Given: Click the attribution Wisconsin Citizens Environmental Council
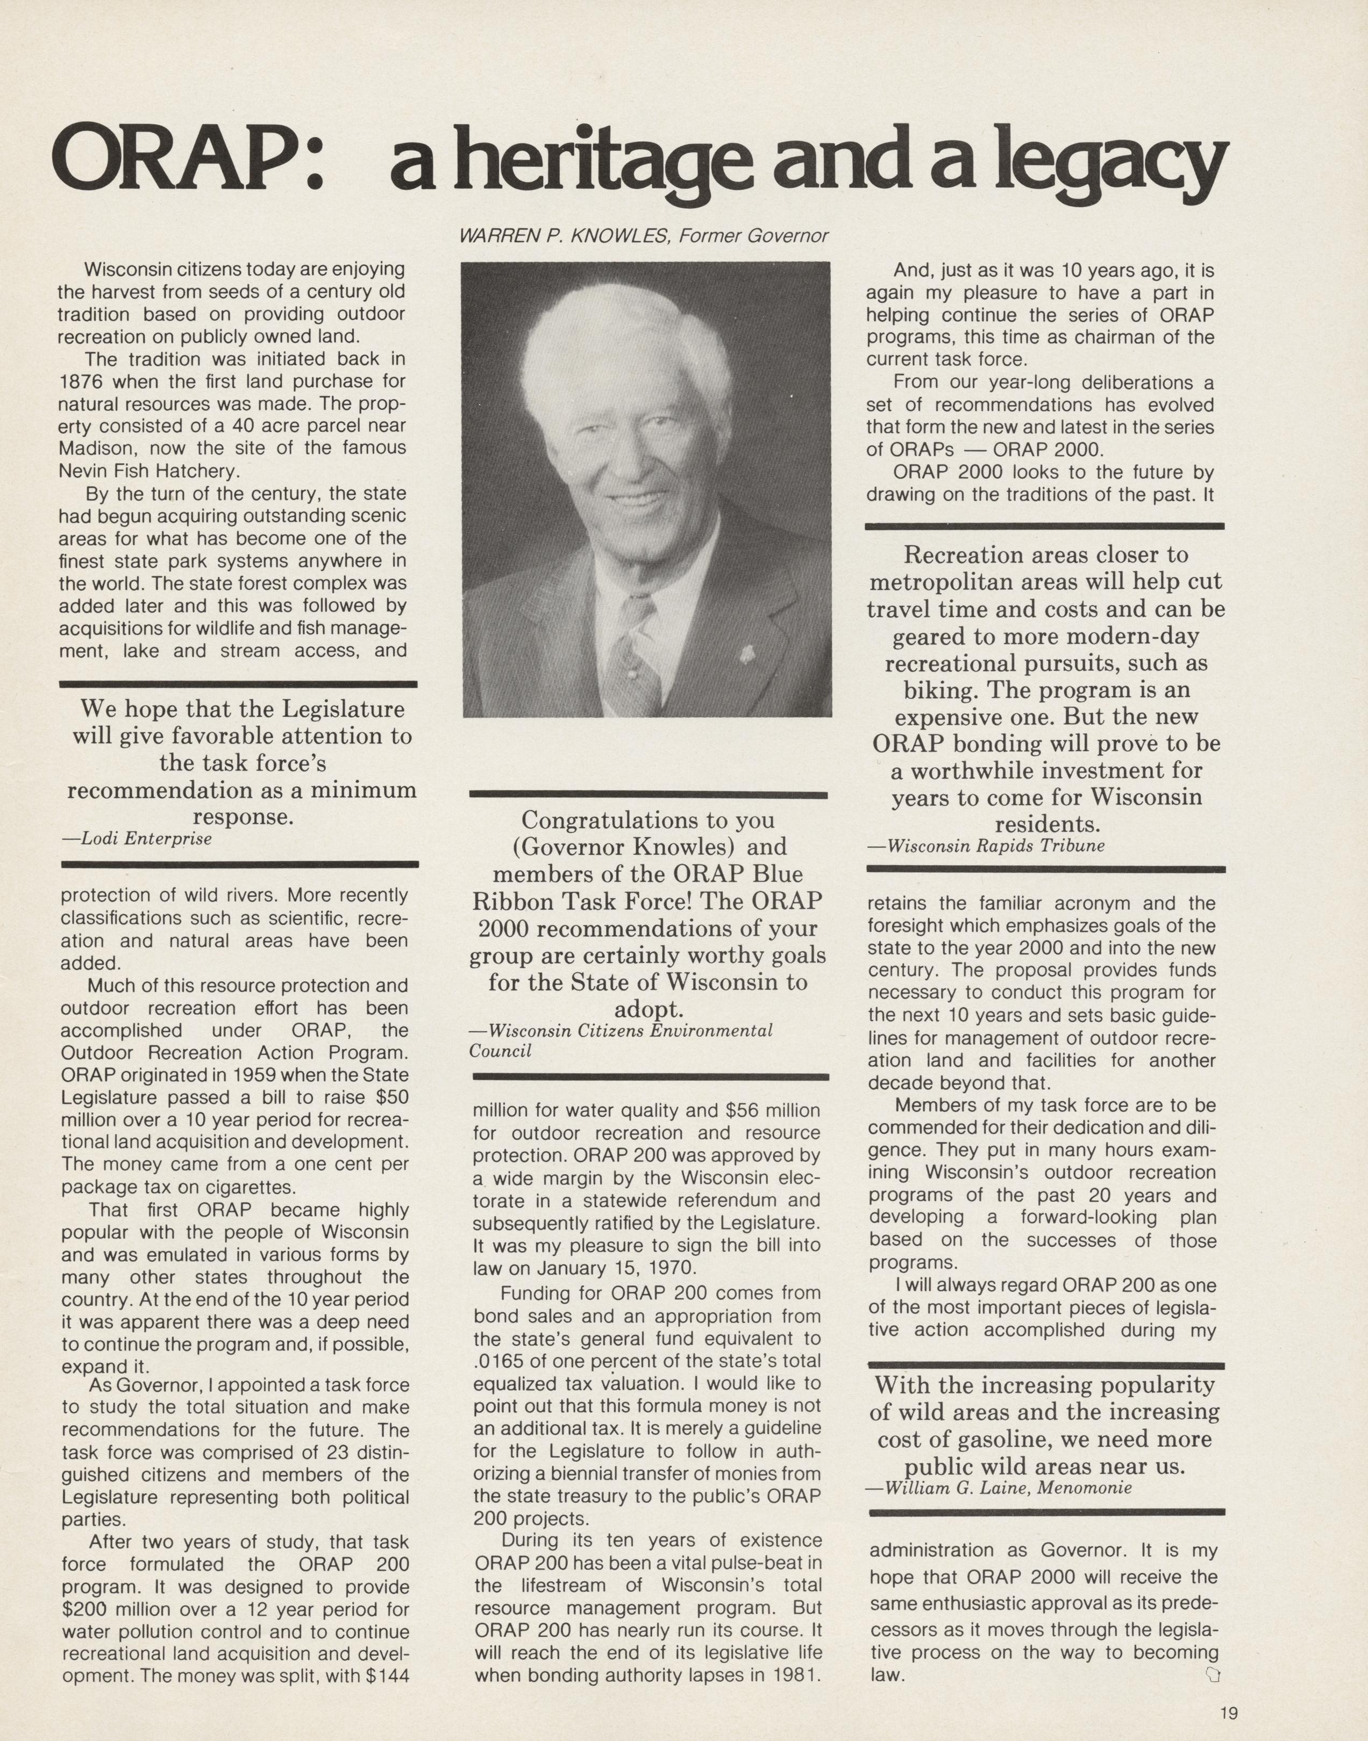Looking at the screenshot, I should click(x=621, y=1041).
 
